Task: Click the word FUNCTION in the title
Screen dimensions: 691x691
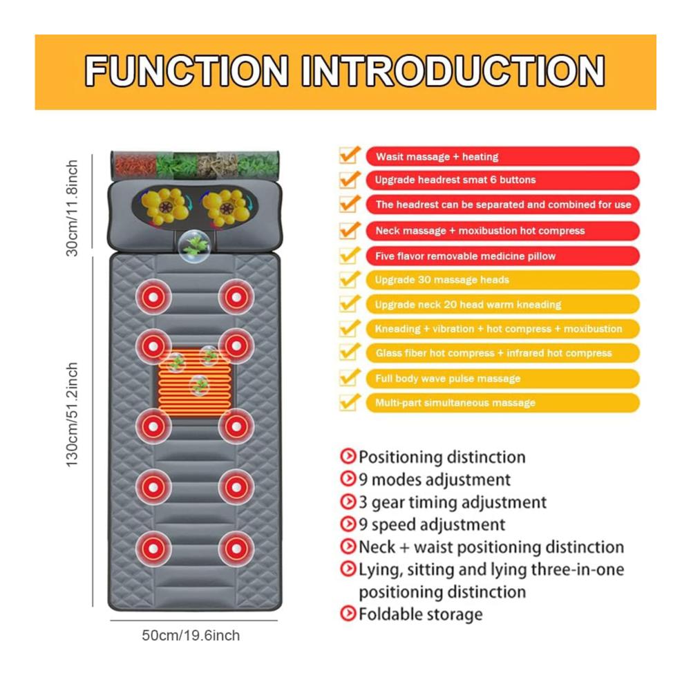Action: (187, 70)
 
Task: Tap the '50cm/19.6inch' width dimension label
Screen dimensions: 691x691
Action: (191, 636)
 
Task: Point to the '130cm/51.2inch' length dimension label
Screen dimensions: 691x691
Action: (72, 415)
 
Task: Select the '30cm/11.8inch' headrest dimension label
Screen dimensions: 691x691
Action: (72, 208)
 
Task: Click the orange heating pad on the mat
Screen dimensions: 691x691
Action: (194, 383)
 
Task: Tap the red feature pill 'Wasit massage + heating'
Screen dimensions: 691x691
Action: (502, 156)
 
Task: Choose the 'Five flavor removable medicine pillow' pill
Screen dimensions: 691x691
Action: (502, 256)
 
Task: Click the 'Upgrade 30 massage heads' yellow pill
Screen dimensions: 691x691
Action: (502, 280)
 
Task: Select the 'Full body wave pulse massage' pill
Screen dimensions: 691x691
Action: (502, 379)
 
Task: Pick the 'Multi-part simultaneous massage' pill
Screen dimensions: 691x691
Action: (502, 403)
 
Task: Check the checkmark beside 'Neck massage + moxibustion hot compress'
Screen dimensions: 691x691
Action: (350, 229)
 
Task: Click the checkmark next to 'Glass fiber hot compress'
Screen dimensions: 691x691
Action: (350, 352)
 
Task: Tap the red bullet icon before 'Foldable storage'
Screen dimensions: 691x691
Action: (348, 613)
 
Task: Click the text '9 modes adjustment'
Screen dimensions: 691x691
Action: (435, 480)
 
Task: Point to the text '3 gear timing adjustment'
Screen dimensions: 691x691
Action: (453, 502)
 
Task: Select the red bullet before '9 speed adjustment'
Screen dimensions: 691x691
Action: (348, 524)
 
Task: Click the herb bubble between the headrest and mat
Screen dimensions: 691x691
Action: (194, 246)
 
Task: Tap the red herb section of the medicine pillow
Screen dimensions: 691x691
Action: (135, 165)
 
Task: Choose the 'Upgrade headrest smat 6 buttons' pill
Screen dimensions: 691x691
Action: (502, 180)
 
